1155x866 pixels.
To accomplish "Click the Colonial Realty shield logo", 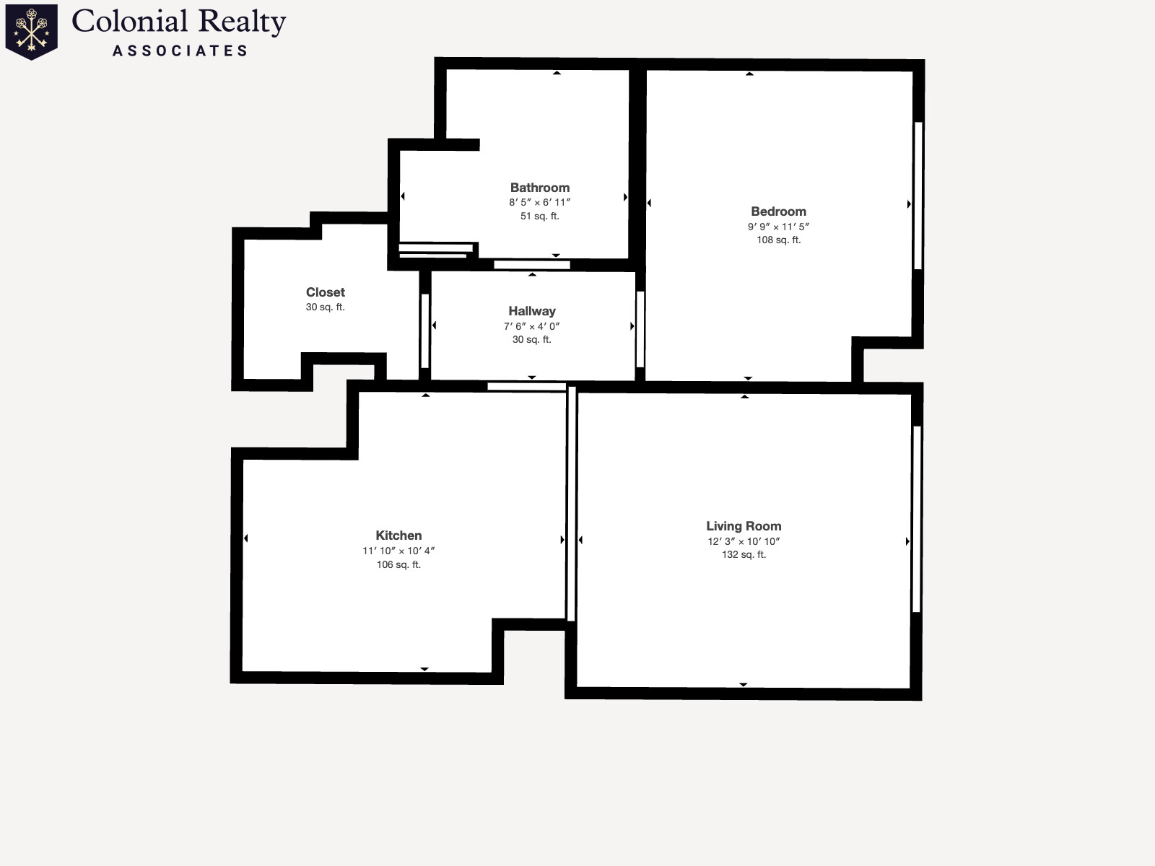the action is pos(32,32).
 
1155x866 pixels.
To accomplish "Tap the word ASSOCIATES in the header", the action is pos(180,51).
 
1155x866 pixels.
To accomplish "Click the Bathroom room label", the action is pos(540,188).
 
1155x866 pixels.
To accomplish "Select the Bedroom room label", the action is pos(778,211).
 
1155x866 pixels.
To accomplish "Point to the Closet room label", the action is pos(325,292).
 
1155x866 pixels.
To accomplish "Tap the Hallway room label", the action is pos(532,311).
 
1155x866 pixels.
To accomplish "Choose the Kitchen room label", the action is pos(398,535).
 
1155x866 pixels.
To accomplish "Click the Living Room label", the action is pos(744,526).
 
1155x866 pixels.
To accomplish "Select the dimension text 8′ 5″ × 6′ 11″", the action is pos(540,203).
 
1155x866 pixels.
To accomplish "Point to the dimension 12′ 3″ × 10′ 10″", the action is pos(744,541).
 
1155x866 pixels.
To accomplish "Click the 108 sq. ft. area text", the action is pos(779,240).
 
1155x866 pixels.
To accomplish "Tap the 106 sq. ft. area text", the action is pos(399,565).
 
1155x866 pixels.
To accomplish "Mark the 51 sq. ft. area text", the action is pos(540,216).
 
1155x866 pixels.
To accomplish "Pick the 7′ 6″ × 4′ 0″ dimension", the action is pos(531,326).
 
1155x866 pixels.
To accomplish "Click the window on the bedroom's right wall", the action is pos(918,196).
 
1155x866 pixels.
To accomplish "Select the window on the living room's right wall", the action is pos(917,519).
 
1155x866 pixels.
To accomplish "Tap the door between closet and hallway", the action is pos(425,331).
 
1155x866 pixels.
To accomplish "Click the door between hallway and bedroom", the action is pos(640,329).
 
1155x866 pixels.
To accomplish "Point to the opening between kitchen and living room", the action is pos(572,504).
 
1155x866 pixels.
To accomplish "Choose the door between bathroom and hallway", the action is pos(531,265).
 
